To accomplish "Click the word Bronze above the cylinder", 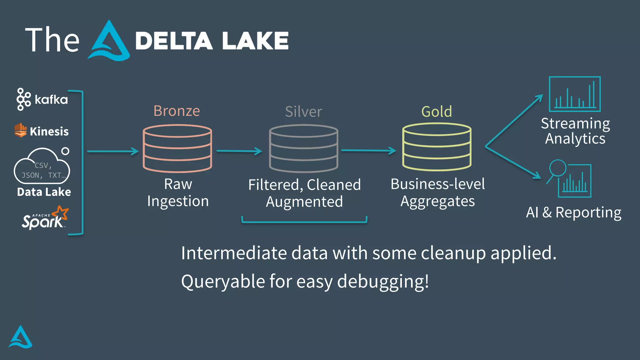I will [x=177, y=111].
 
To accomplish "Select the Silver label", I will [x=303, y=112].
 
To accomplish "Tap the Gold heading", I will [x=437, y=112].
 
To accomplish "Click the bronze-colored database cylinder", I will [x=177, y=148].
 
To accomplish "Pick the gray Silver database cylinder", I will [x=303, y=148].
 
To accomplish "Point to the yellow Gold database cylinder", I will [x=437, y=147].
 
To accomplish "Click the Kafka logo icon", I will [x=23, y=99].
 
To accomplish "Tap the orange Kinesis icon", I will [x=21, y=130].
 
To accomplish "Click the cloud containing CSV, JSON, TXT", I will [x=42, y=167].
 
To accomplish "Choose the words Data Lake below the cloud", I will [x=44, y=192].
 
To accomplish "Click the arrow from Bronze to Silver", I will [x=239, y=151].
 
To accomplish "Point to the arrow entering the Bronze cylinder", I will [x=112, y=152].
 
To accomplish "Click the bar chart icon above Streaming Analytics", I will [x=575, y=94].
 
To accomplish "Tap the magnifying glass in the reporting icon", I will [x=557, y=169].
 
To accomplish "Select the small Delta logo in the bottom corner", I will [x=20, y=337].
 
